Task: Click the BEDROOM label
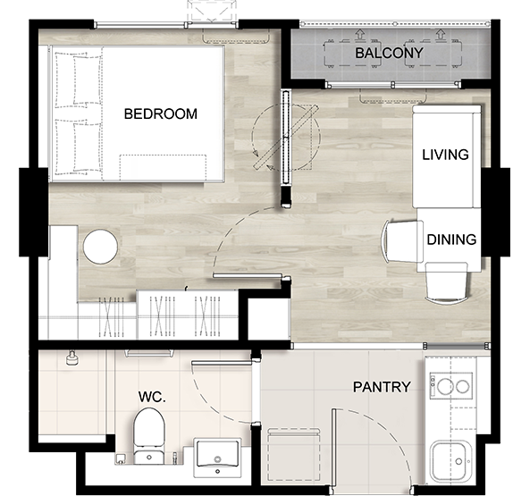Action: pos(161,113)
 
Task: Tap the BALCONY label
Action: pos(389,53)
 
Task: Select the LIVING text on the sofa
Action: pos(445,155)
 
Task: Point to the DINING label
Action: pos(451,240)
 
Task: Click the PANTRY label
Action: pos(382,387)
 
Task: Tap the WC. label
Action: pos(152,397)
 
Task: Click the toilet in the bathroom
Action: pos(149,436)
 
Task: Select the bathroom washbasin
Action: pos(217,458)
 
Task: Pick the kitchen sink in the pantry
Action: pos(451,460)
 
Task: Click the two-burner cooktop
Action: pos(451,385)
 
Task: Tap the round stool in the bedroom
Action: pos(100,247)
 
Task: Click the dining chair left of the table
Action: pos(402,241)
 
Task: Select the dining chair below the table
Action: pos(447,282)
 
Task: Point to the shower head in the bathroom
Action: pos(72,358)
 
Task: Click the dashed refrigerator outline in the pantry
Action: pos(294,455)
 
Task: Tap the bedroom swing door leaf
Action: pos(248,276)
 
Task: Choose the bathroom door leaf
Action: pos(222,363)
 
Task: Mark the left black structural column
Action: pos(33,212)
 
